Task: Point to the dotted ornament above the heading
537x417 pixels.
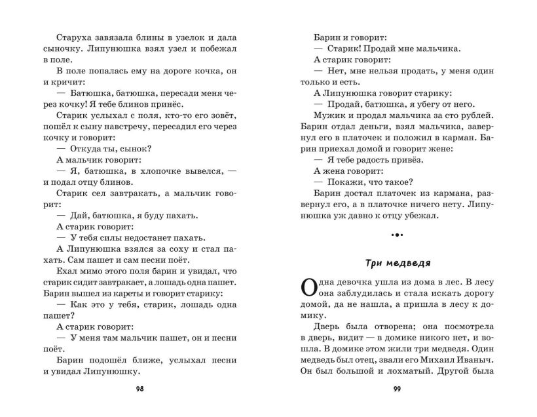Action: click(x=398, y=235)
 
